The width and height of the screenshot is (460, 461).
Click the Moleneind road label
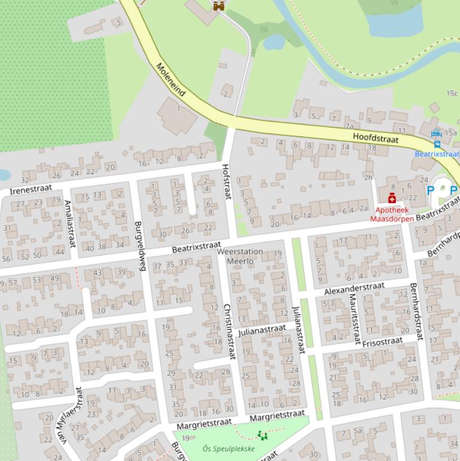(x=171, y=79)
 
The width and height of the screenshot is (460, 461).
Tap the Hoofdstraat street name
(x=375, y=137)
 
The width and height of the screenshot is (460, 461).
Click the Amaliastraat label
(x=70, y=223)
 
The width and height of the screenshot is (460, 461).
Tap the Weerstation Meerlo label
(x=240, y=256)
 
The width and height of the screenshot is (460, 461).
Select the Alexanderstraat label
(x=354, y=289)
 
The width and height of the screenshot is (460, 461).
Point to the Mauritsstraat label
(x=354, y=314)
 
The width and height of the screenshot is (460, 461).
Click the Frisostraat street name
(x=383, y=342)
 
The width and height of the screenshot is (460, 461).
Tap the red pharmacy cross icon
(x=392, y=199)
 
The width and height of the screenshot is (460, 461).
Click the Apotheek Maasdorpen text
(x=392, y=214)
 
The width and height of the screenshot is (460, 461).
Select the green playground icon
(x=261, y=435)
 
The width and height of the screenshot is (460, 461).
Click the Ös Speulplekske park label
(x=229, y=448)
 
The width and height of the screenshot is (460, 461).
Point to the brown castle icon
(x=218, y=5)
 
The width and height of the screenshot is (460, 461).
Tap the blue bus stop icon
(x=437, y=144)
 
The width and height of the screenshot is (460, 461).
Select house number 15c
(x=452, y=93)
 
